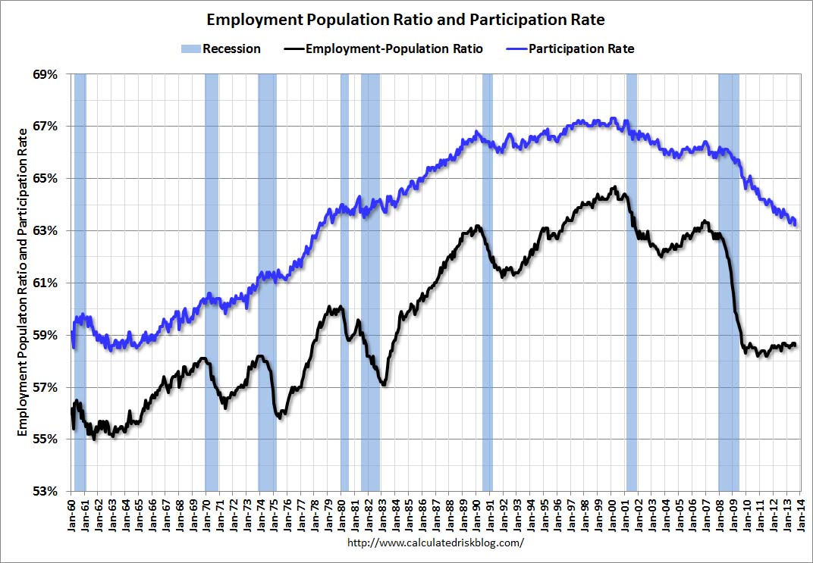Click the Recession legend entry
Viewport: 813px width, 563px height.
pyautogui.click(x=221, y=48)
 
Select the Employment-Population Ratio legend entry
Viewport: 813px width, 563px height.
pyautogui.click(x=383, y=48)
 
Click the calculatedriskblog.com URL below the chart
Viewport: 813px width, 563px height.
pyautogui.click(x=435, y=543)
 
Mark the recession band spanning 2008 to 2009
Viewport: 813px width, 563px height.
pyautogui.click(x=728, y=282)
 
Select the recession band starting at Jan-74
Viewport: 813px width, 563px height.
pyautogui.click(x=267, y=282)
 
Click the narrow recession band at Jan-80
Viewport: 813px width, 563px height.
pyautogui.click(x=344, y=282)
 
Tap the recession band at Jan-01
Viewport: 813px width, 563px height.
pyautogui.click(x=631, y=282)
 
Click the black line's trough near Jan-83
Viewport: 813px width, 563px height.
pyautogui.click(x=385, y=385)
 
